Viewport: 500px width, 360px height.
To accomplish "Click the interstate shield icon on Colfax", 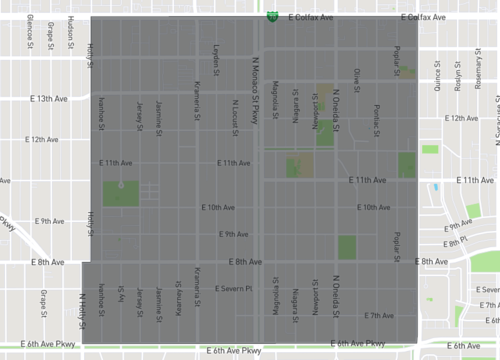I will pos(271,17).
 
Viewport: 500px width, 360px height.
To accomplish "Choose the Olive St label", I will pos(357,79).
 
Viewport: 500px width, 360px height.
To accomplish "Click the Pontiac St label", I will pos(377,116).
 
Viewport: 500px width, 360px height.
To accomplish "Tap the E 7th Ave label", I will pos(380,315).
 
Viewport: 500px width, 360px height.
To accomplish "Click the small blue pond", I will pos(436,187).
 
